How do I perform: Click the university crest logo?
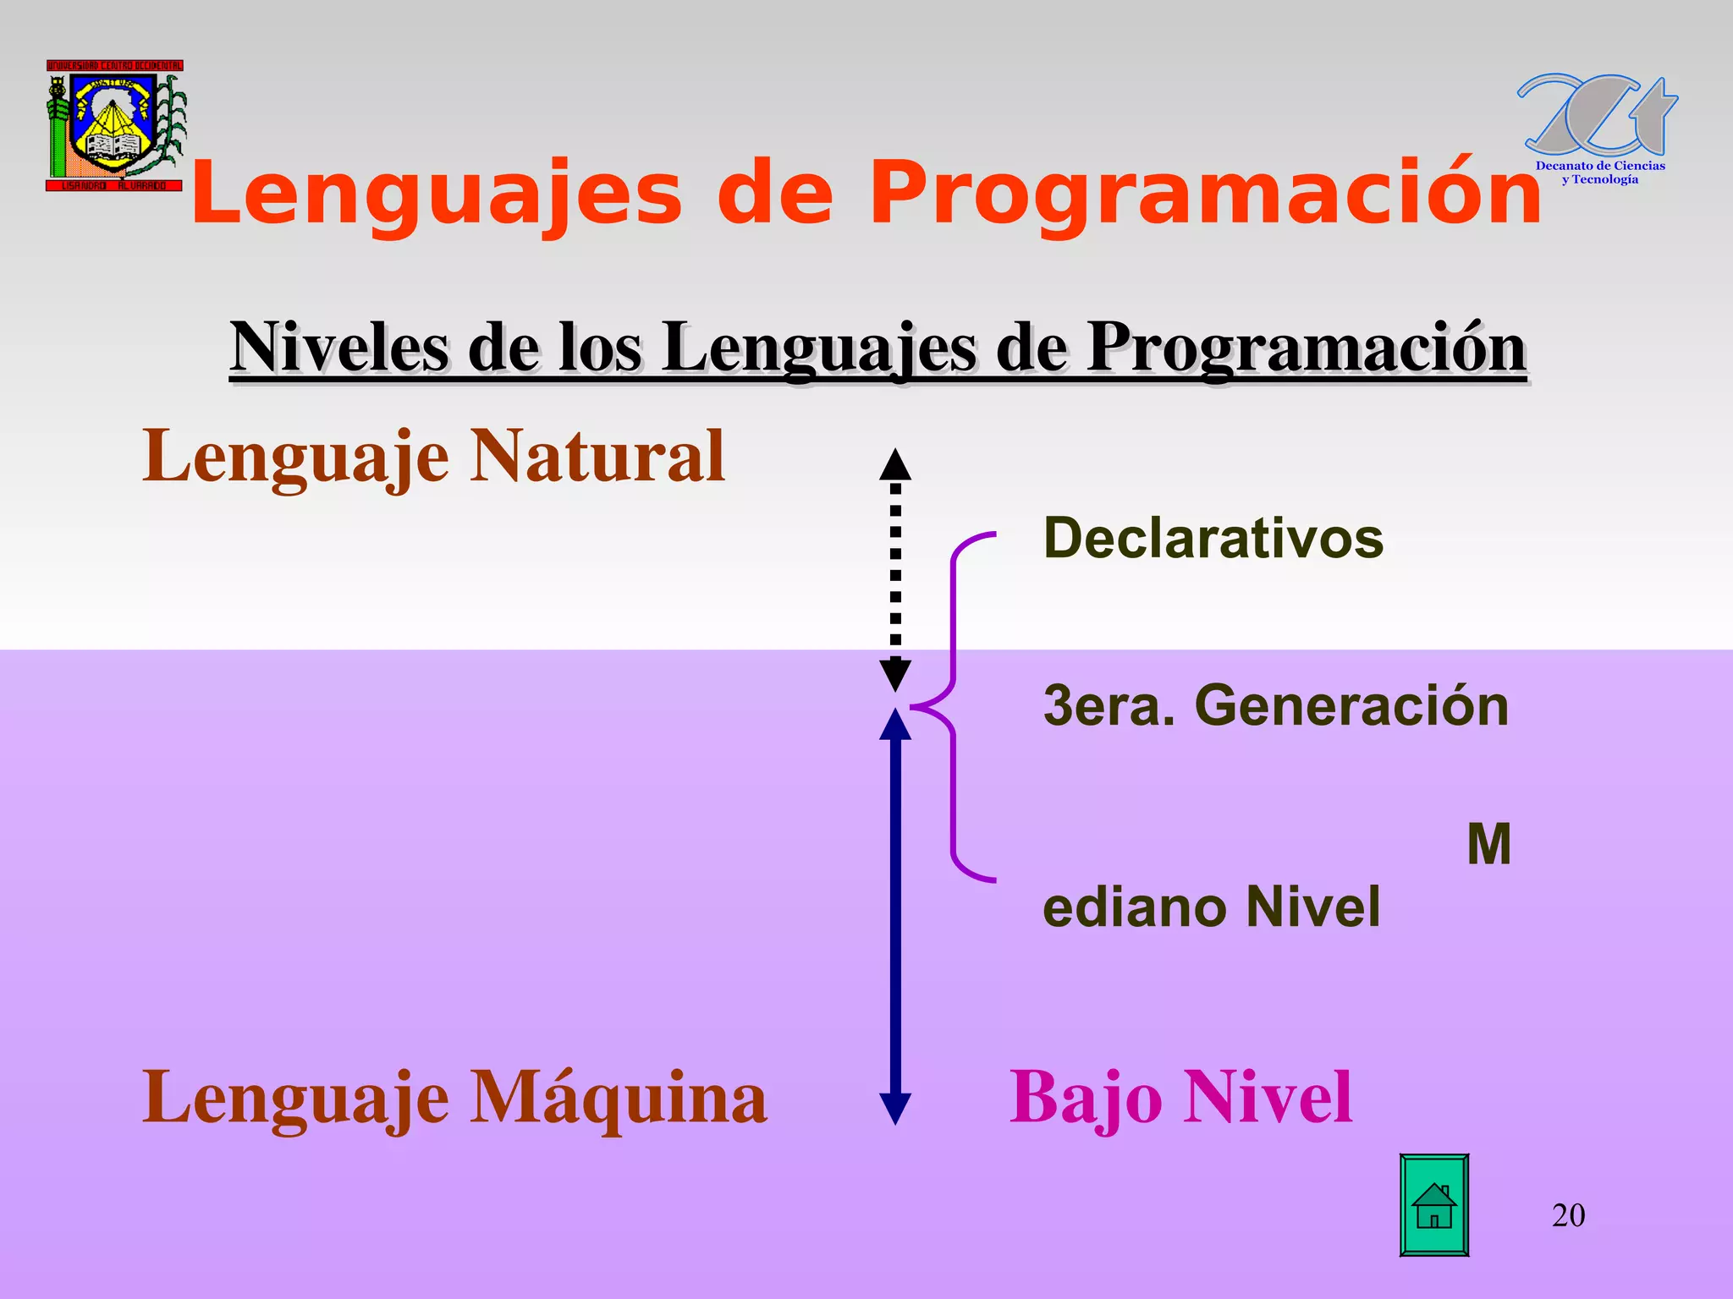114,125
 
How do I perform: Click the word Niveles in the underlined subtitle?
338,348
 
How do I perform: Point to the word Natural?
597,456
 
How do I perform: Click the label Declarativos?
1213,538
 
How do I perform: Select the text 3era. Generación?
1275,705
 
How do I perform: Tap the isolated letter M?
1488,844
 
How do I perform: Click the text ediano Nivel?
1211,907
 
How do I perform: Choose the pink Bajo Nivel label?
1180,1097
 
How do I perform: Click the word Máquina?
618,1097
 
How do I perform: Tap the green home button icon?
1433,1205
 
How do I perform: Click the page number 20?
1568,1215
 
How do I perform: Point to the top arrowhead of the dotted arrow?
895,464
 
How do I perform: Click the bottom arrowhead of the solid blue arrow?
895,1108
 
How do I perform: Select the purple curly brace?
955,707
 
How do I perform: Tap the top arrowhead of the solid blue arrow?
895,726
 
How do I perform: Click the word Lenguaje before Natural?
295,456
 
